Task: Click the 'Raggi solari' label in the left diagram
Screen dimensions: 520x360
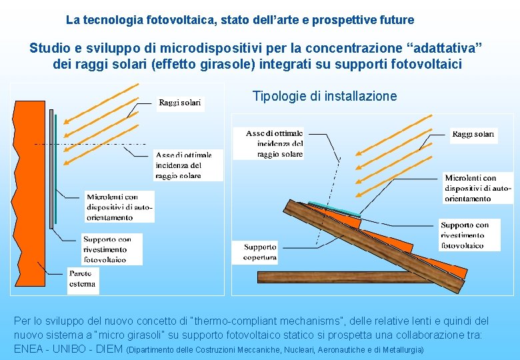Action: (179, 102)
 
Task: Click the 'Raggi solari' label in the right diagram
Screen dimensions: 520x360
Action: (473, 135)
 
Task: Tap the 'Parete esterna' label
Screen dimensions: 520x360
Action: (83, 279)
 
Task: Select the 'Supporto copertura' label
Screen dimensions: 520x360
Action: (260, 252)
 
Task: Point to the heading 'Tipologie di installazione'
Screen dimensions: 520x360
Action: (325, 96)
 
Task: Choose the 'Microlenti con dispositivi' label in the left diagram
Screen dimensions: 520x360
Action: (119, 207)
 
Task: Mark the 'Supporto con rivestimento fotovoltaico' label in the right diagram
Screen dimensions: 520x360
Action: (470, 235)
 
